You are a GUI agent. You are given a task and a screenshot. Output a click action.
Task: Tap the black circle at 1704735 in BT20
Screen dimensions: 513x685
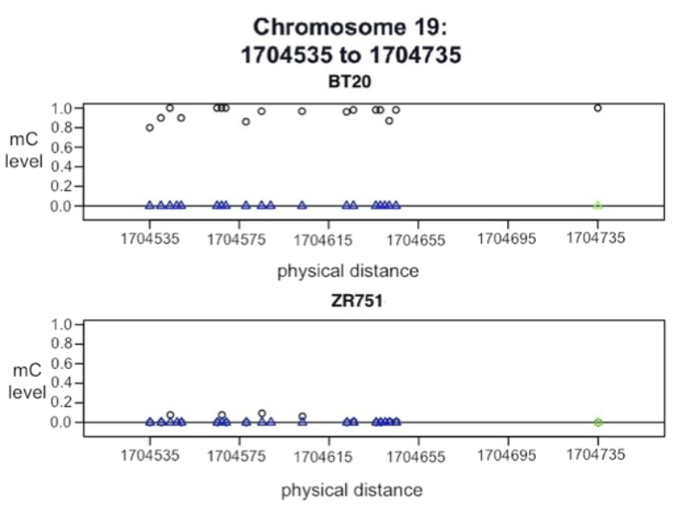597,109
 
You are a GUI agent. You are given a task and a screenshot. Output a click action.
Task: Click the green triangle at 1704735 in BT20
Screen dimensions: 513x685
597,206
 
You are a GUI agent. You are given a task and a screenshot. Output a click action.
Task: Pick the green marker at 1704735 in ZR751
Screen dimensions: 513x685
597,423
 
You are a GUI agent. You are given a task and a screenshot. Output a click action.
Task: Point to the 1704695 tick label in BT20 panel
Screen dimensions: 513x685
508,240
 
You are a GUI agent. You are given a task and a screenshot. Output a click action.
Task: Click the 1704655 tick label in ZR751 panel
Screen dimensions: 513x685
418,456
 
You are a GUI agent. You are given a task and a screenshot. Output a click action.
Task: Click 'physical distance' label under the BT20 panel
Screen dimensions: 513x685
347,271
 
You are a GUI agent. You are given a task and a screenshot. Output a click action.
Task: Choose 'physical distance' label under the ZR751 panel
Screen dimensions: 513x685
351,490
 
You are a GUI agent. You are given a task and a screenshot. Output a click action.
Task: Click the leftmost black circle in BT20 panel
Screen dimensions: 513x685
150,128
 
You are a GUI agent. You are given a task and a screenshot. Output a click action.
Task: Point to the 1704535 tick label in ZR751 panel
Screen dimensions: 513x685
149,456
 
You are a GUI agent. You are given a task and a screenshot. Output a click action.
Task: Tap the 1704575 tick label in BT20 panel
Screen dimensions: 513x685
239,240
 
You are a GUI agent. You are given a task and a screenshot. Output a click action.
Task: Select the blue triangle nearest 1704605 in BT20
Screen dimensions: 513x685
302,206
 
